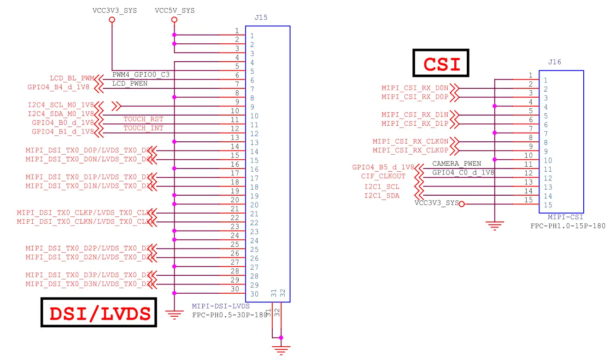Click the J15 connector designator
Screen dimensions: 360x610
(261, 18)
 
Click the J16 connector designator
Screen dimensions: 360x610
(555, 62)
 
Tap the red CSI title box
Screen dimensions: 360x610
(440, 63)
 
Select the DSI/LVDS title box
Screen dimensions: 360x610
(99, 313)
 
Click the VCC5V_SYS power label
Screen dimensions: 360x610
(175, 11)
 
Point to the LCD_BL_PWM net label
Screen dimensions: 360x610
(71, 78)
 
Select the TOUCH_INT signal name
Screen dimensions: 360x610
(143, 128)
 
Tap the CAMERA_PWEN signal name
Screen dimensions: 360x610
(456, 163)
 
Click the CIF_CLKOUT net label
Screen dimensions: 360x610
(383, 176)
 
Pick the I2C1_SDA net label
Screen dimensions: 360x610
(381, 196)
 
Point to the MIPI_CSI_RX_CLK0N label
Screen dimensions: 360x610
(410, 141)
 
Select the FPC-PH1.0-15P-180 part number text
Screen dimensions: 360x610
(568, 226)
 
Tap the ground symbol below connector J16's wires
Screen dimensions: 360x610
(494, 226)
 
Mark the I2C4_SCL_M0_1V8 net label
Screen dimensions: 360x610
(61, 105)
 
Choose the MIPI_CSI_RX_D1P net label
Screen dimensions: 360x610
(415, 123)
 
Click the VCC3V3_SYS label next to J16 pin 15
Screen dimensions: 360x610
(436, 203)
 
